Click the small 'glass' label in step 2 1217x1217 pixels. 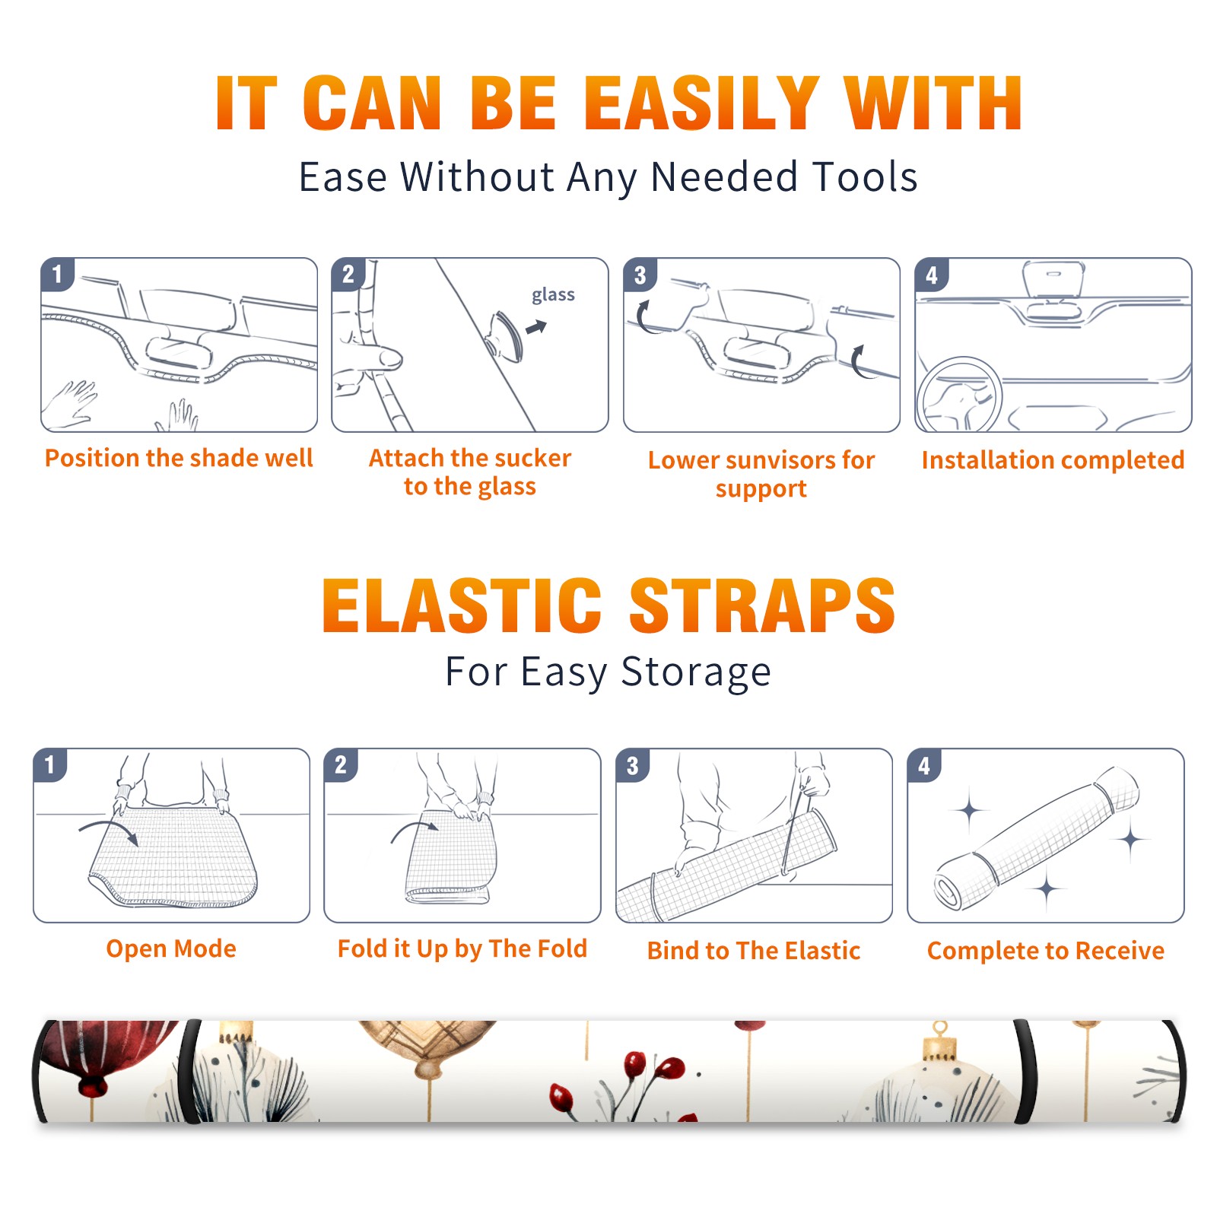[553, 294]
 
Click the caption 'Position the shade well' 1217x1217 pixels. [179, 458]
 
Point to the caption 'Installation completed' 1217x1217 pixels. [1053, 459]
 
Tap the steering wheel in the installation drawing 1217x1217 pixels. [958, 396]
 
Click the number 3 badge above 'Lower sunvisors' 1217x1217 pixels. [640, 275]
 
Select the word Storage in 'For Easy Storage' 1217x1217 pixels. [696, 672]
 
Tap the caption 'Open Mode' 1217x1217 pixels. [171, 948]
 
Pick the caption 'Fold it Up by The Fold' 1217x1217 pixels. [462, 949]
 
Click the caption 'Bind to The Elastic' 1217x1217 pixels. [754, 950]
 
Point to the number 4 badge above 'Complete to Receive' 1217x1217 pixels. [924, 765]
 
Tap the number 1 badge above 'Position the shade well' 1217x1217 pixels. [57, 274]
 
